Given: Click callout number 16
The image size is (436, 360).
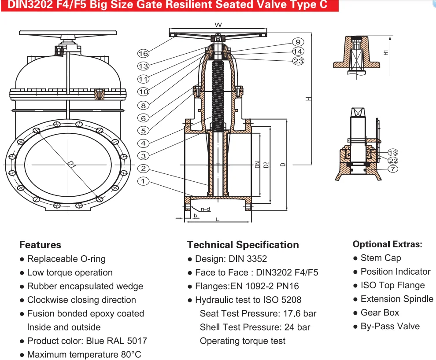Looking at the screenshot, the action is (144, 53).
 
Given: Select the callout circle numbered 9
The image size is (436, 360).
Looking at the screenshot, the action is (298, 42).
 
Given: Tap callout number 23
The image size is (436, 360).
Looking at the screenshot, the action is (298, 61).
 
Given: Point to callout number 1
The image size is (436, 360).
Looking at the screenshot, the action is (143, 181).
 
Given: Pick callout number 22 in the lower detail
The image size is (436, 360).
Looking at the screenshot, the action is (393, 161).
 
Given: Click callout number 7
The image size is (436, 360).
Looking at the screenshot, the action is (393, 169).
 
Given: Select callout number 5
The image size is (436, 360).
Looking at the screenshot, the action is (144, 131).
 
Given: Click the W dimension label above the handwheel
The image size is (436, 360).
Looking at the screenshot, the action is (218, 25).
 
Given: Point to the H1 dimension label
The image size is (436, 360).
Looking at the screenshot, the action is (386, 52).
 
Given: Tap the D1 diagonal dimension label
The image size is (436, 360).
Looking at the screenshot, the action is (72, 165).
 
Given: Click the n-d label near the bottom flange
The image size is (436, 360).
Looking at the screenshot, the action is (206, 209).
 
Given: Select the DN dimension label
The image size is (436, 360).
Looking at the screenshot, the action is (257, 165).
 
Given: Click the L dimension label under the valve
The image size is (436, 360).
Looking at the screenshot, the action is (218, 220).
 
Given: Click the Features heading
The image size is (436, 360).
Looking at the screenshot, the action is (41, 245).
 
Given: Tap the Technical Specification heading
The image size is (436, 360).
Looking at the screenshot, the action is (243, 245).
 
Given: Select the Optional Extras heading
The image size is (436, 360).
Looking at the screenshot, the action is (388, 244).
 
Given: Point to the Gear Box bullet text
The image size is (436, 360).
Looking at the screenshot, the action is (380, 312).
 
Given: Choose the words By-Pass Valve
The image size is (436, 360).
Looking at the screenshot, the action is (390, 326).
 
